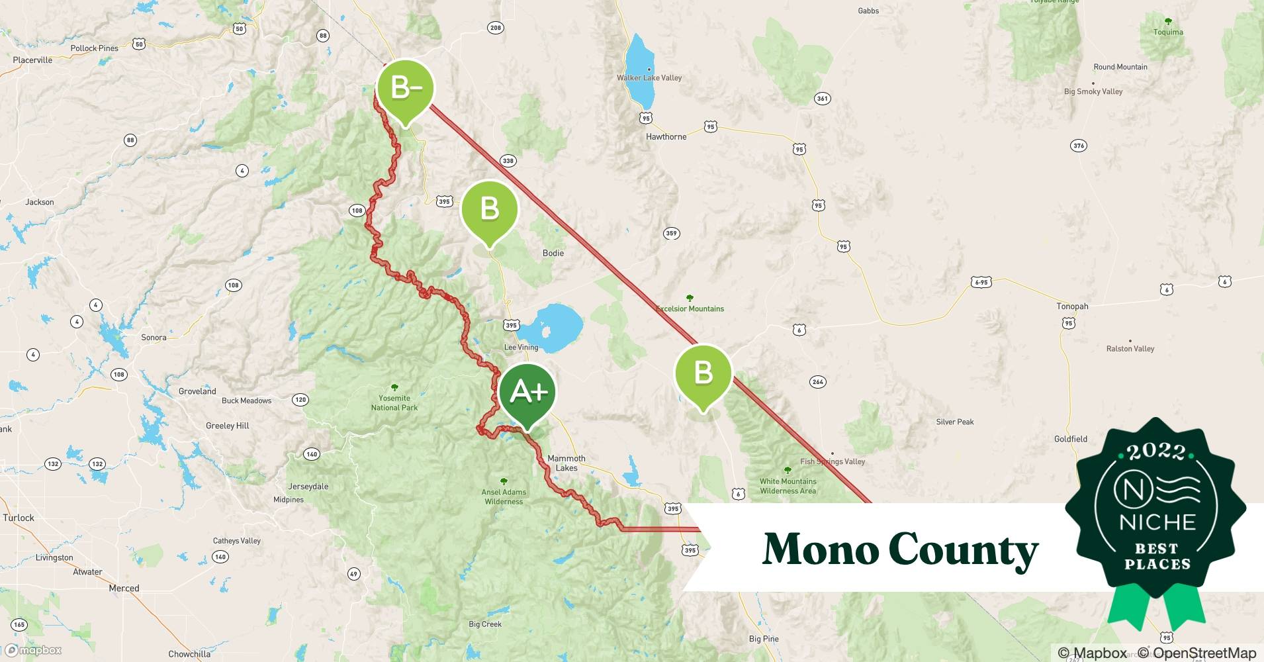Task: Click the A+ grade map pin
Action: tap(527, 393)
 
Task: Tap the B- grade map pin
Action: tap(405, 88)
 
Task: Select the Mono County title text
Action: tap(900, 549)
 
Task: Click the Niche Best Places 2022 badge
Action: tap(1157, 516)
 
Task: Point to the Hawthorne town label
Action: tap(666, 136)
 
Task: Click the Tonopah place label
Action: tap(1072, 307)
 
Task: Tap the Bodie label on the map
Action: tap(553, 253)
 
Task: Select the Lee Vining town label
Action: tap(521, 347)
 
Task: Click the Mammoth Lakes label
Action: tap(566, 463)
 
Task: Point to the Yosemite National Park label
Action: tap(394, 402)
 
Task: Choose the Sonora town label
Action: tap(154, 338)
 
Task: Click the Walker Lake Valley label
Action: tap(649, 77)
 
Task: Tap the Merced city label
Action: tap(124, 588)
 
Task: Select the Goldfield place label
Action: tap(1070, 439)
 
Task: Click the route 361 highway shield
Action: tap(822, 99)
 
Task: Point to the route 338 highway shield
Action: tap(508, 161)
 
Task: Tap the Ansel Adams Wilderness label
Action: tap(504, 496)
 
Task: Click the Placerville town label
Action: tap(32, 60)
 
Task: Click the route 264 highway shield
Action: tap(817, 382)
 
